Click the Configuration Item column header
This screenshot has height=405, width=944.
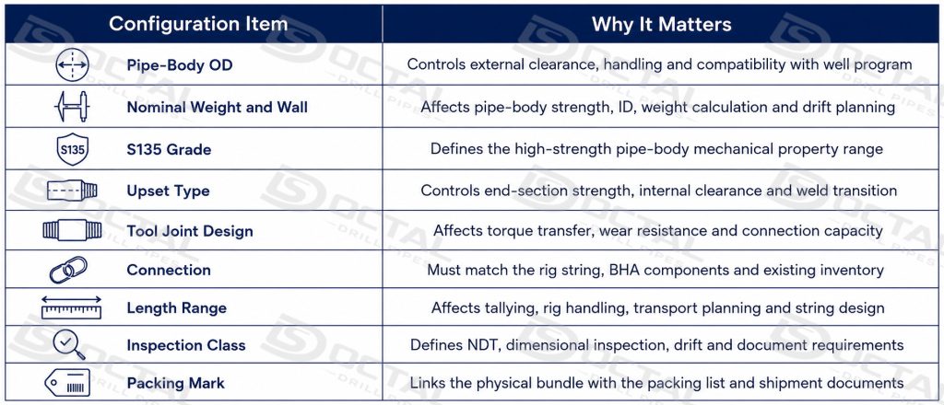198,24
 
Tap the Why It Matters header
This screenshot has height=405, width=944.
662,24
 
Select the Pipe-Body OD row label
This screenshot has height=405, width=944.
180,65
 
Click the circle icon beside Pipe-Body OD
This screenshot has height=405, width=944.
72,64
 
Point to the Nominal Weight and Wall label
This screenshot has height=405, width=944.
217,108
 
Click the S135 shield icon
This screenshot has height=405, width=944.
72,149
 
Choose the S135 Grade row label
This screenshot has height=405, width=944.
169,150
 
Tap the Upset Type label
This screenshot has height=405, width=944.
168,191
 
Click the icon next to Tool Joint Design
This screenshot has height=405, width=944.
72,231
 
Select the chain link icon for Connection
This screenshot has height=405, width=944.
68,270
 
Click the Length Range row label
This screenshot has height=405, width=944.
176,308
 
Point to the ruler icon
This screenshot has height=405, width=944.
71,307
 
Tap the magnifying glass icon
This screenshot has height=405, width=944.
68,345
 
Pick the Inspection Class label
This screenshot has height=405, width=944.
186,345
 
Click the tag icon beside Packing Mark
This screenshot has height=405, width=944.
67,383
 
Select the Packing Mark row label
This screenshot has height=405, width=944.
175,383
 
